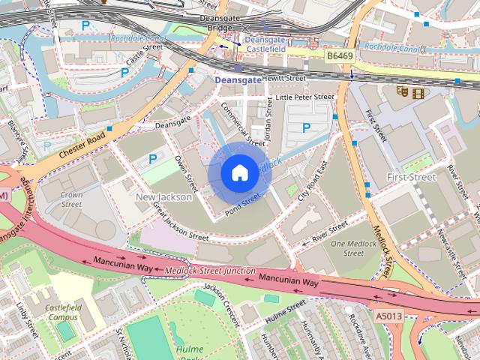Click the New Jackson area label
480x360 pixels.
pos(163,197)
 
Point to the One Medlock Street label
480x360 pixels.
pos(347,248)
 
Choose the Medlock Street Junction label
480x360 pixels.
pos(210,270)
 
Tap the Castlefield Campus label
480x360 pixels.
pos(61,313)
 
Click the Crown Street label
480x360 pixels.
pos(71,199)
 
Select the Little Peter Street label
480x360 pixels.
pos(304,97)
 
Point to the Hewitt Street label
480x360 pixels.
pos(284,78)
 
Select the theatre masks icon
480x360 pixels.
pos(403,92)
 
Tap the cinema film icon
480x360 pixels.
pos(418,92)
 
